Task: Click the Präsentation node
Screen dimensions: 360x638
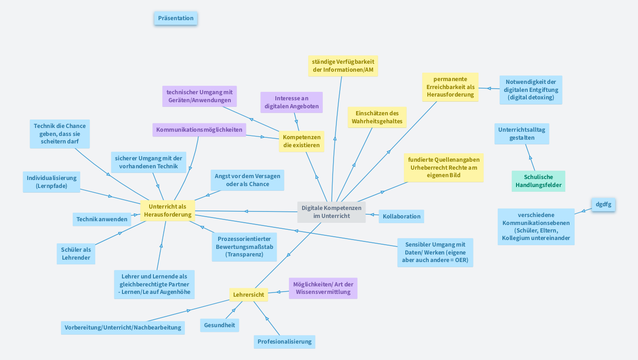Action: [176, 18]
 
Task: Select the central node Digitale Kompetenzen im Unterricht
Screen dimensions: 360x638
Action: [331, 212]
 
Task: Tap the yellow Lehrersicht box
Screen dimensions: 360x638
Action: [249, 295]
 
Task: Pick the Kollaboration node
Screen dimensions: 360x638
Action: [402, 216]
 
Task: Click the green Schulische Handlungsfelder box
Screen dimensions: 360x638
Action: [538, 181]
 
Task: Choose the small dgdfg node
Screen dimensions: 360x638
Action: [603, 204]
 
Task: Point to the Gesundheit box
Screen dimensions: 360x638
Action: [220, 325]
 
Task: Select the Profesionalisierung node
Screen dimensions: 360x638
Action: [284, 342]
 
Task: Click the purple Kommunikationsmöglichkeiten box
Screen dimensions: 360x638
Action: [199, 130]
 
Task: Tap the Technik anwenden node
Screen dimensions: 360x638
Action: [102, 219]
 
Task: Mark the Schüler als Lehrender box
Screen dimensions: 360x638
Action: [76, 254]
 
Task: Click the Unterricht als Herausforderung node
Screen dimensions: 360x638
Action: [167, 210]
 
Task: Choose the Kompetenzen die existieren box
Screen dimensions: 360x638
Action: [302, 141]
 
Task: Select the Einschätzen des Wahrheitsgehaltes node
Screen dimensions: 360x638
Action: [377, 117]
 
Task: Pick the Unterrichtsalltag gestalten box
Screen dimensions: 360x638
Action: [522, 134]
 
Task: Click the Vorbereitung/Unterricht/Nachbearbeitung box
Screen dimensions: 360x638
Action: [123, 328]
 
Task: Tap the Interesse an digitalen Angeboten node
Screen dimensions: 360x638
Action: [291, 102]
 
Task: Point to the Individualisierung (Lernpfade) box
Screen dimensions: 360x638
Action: [52, 182]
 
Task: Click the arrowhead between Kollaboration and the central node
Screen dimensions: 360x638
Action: [372, 214]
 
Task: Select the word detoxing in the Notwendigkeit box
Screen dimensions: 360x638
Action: [541, 97]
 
